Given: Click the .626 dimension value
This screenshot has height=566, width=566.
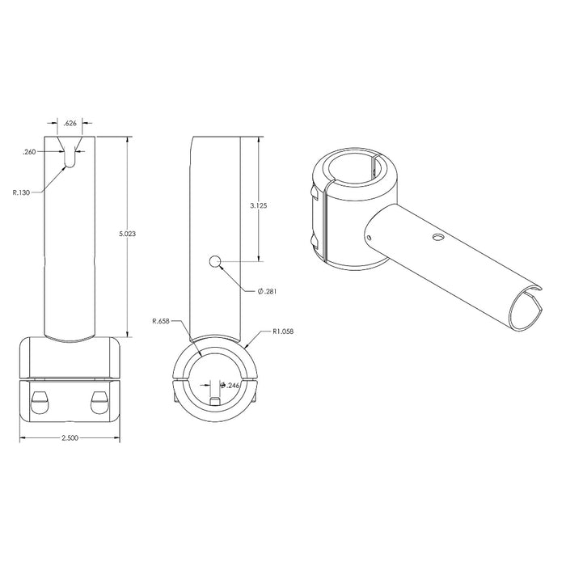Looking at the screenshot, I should [x=70, y=125].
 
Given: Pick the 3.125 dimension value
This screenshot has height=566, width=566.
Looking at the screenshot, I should [x=259, y=205].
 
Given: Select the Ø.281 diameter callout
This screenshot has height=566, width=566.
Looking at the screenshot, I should [x=267, y=292].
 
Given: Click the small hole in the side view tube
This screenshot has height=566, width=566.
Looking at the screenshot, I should [x=215, y=260].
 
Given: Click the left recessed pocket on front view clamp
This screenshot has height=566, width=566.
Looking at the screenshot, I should [x=38, y=399].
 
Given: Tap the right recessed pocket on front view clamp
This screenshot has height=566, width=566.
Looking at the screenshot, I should [x=100, y=399].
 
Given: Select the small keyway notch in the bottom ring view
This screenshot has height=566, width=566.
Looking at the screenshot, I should [x=214, y=402].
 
